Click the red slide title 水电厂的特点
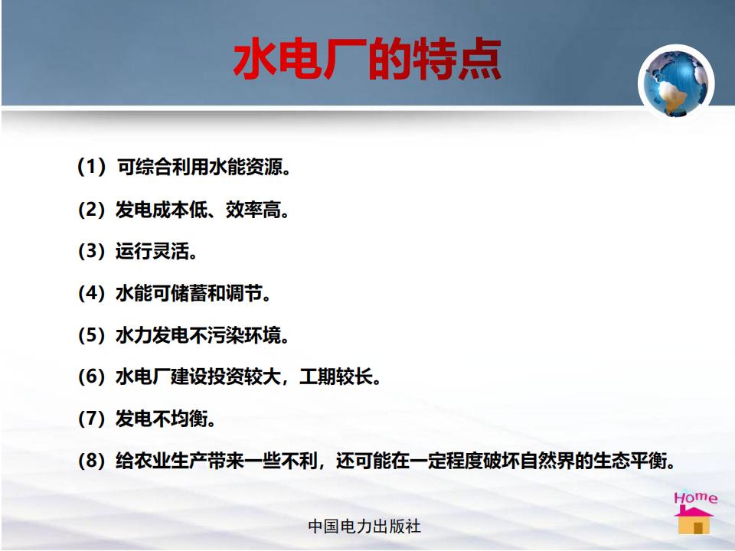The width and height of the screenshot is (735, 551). pos(367,59)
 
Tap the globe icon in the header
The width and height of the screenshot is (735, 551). pos(675,83)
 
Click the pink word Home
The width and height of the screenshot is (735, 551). pos(696,497)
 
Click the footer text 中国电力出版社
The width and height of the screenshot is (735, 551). pos(364,527)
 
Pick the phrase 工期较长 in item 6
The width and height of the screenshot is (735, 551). pos(335,377)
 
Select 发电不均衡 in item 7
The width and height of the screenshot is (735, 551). pos(162,418)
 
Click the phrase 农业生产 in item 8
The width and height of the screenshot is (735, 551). pos(171,460)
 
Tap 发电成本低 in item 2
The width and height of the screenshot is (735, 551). pos(162,209)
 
